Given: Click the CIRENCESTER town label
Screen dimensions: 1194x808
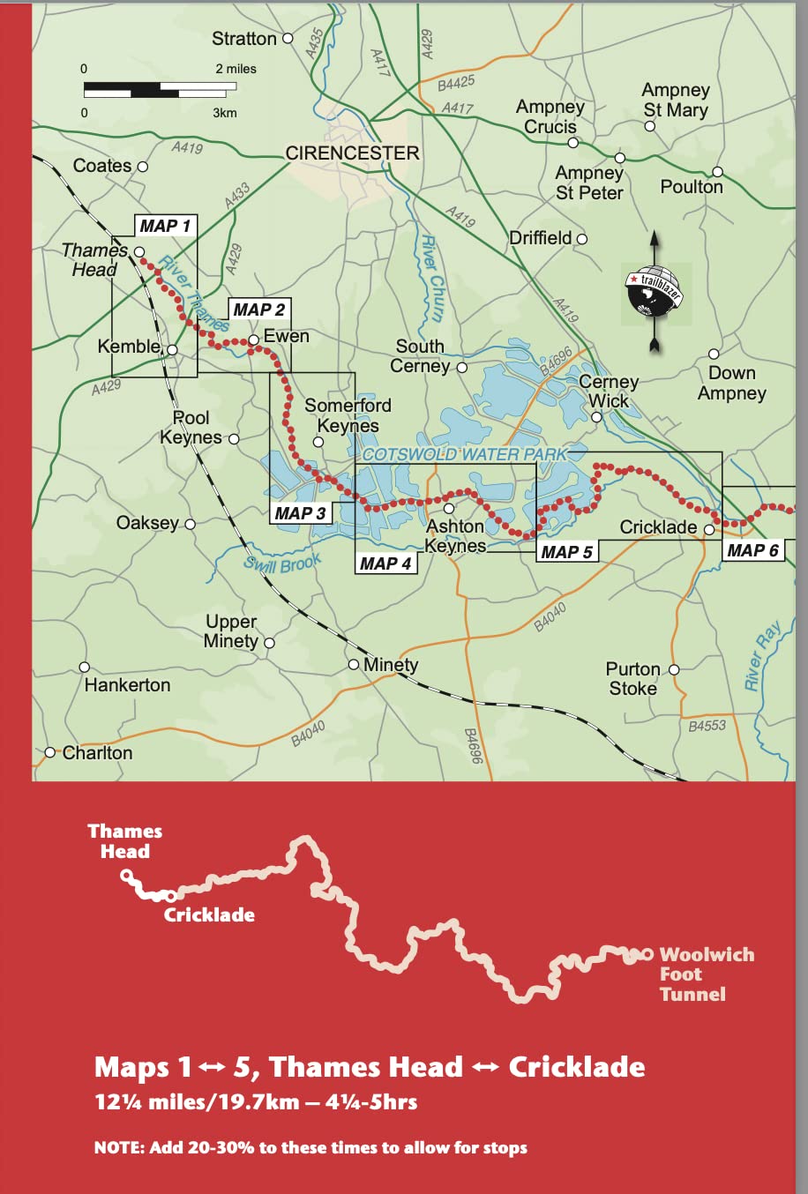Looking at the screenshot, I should click(352, 153).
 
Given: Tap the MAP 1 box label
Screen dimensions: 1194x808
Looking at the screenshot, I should click(165, 227).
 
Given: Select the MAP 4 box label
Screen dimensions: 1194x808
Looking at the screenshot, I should click(385, 563).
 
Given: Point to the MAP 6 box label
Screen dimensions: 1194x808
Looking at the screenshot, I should click(752, 550).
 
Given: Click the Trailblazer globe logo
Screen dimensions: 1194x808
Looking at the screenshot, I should click(654, 290).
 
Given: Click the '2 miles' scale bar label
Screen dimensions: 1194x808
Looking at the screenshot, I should click(236, 69).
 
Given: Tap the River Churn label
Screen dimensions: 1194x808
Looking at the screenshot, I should click(431, 278).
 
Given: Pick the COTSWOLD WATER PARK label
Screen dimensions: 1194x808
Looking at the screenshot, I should click(464, 454).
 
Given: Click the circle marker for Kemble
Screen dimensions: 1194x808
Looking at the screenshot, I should click(173, 350).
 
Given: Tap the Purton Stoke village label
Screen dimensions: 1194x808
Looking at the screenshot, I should click(632, 678).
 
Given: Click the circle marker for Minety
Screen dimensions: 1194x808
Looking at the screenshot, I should click(354, 664).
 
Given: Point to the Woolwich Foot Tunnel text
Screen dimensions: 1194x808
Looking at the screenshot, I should click(706, 974).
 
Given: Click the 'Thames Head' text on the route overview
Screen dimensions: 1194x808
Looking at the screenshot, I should click(124, 840).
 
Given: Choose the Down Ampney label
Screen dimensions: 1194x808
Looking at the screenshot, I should click(731, 383).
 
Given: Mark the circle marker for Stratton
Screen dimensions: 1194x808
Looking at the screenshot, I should click(287, 39).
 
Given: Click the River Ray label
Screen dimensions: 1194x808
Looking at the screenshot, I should click(762, 657).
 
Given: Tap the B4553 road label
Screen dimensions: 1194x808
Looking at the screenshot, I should click(707, 726).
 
